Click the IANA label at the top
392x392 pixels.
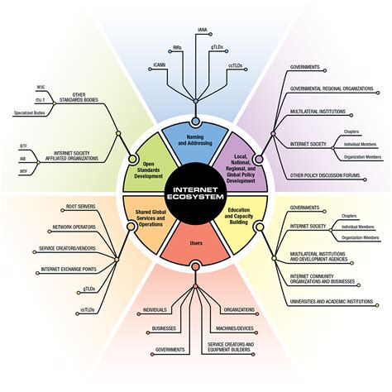tap(202, 31)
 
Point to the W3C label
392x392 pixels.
tap(41, 87)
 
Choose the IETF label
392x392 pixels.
tap(24, 146)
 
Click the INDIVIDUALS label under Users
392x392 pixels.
tap(155, 310)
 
